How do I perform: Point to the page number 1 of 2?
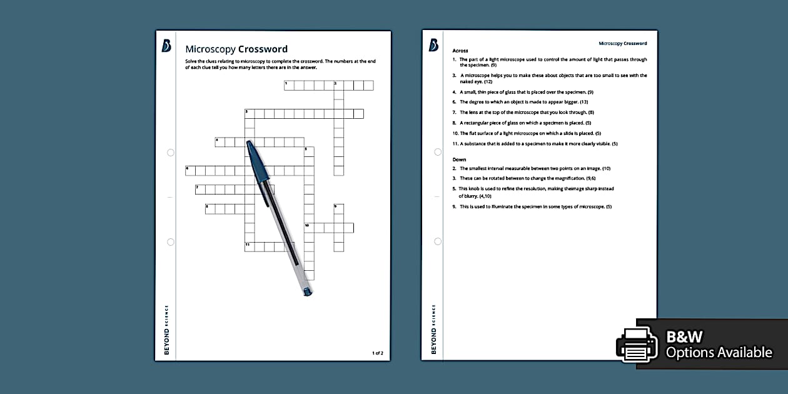tap(377, 353)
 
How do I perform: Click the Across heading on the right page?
tap(460, 51)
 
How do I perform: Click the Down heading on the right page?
tap(460, 159)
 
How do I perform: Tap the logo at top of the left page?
tap(166, 46)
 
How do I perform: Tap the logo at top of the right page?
tap(433, 46)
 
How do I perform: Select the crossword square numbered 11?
tap(249, 246)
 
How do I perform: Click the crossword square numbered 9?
tap(338, 209)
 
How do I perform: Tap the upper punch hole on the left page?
tap(171, 153)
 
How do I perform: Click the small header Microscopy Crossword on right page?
tap(622, 43)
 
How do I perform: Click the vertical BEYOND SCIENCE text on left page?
tap(166, 330)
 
